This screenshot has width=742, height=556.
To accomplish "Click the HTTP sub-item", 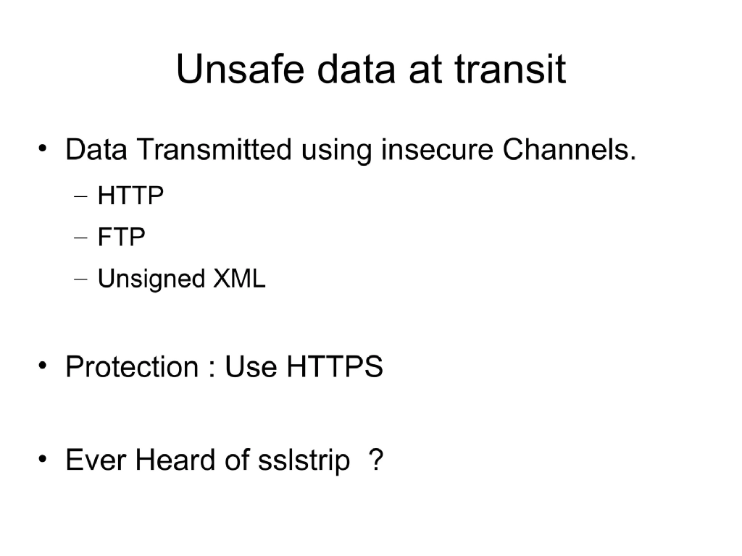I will pos(130,196).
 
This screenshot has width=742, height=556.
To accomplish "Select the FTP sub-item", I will pos(121,237).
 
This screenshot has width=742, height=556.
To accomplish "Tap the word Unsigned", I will pos(151,279).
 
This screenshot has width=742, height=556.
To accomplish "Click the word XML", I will pos(240,279).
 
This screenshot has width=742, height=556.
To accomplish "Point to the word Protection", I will pos(131,367).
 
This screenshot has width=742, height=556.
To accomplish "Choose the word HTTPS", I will pos(334,367).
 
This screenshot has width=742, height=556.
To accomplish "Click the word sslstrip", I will pos(304,460).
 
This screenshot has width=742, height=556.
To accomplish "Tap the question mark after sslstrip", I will pos(375,460).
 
